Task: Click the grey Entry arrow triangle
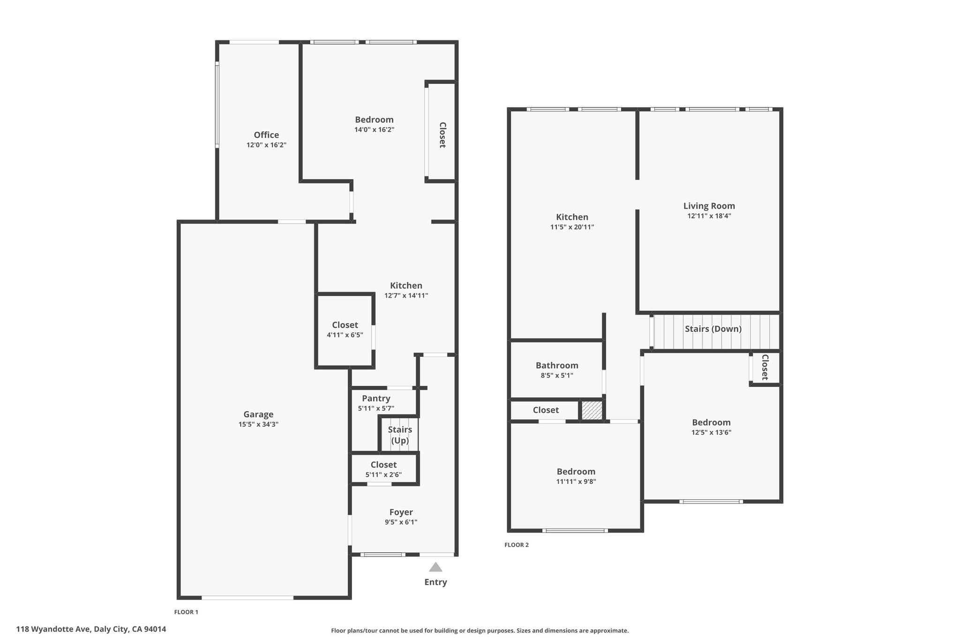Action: coord(435,567)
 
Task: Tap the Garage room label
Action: coord(258,414)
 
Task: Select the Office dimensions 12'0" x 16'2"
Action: coord(266,145)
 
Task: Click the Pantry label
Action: coord(376,399)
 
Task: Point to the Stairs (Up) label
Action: coord(400,435)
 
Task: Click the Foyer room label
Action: coord(401,512)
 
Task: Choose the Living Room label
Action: coord(709,206)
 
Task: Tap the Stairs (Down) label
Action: coord(713,329)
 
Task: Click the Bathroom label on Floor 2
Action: coord(557,365)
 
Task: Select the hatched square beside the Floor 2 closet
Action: coord(592,410)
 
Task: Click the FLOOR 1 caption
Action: coord(186,612)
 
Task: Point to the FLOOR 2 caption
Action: coord(517,545)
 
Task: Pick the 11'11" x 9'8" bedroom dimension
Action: coord(576,482)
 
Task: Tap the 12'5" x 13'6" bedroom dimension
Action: coord(711,433)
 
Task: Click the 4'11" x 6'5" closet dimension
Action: coord(345,335)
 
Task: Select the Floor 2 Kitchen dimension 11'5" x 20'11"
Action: coord(572,227)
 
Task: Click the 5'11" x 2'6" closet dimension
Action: coord(383,474)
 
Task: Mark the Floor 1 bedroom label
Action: coord(374,120)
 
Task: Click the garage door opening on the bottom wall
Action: coord(247,597)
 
